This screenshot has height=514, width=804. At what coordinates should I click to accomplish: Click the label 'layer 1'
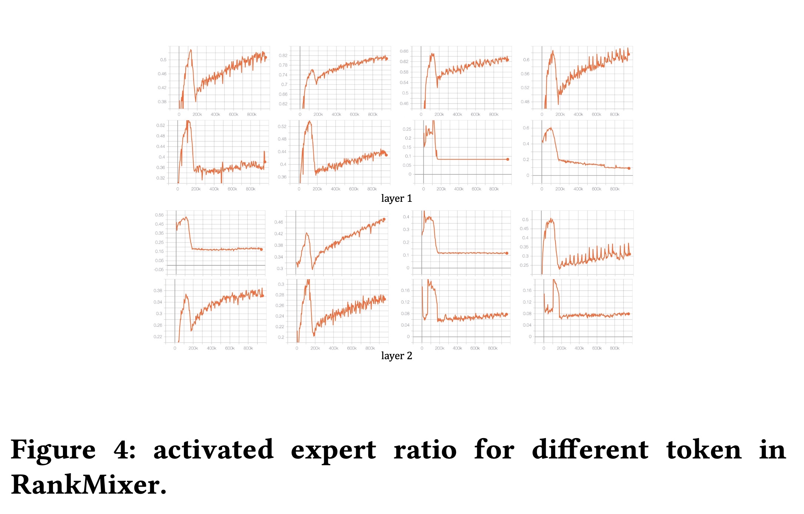[x=396, y=198]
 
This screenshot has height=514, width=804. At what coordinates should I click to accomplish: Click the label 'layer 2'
[x=396, y=356]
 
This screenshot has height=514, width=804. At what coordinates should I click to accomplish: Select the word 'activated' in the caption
[x=214, y=450]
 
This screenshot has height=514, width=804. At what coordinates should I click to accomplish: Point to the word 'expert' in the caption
[x=333, y=450]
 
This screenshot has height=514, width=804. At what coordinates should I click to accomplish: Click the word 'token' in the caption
[x=704, y=450]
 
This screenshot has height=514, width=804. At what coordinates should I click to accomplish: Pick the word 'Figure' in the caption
[x=53, y=450]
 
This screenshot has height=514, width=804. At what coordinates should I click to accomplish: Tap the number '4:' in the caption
[x=124, y=450]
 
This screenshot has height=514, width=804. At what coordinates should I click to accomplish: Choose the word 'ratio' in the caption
[x=425, y=450]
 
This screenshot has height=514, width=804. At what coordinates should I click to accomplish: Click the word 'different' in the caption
[x=590, y=450]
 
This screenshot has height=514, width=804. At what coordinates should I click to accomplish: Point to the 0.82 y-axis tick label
[x=283, y=56]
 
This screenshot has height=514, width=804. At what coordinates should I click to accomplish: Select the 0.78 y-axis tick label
[x=283, y=65]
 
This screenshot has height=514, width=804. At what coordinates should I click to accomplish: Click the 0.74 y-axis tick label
[x=283, y=75]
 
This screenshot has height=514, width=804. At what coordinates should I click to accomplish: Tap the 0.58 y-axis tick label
[x=404, y=72]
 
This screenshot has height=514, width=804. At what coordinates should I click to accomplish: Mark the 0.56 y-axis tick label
[x=525, y=74]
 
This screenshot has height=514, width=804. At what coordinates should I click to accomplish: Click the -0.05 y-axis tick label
[x=159, y=270]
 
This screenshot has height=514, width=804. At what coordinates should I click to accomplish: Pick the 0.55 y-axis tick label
[x=159, y=215]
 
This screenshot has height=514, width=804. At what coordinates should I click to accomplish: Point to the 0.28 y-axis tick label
[x=280, y=295]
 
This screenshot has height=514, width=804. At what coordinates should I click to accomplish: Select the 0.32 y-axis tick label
[x=161, y=178]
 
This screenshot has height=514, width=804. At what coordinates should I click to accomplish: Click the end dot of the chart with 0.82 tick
[x=386, y=59]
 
